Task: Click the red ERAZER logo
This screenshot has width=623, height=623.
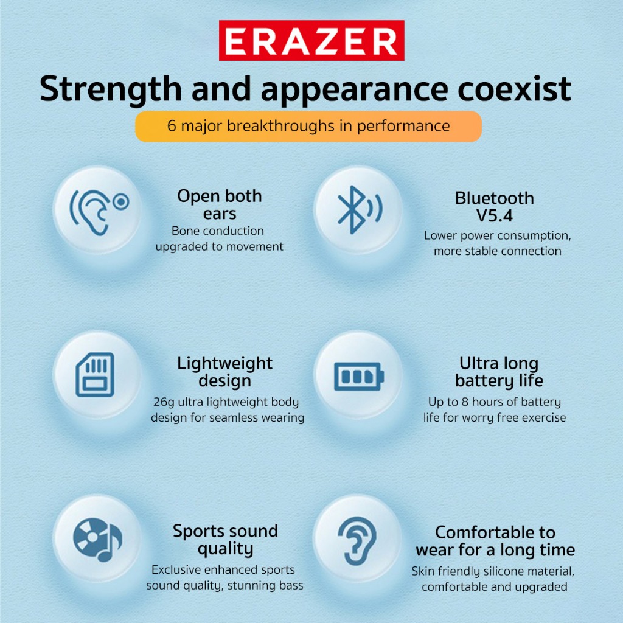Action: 311,41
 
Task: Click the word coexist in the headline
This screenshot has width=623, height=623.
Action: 515,88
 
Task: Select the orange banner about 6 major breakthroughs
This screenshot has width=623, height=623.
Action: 308,127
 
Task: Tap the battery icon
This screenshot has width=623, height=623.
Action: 359,376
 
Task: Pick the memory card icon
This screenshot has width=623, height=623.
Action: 95,375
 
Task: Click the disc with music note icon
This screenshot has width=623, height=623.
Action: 98,539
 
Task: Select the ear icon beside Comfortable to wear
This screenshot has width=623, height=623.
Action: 357,541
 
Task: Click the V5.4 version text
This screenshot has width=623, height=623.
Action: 494,216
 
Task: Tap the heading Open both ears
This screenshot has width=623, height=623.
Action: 220,204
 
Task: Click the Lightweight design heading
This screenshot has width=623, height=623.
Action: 225,372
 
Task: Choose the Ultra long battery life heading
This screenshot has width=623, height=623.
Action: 499,372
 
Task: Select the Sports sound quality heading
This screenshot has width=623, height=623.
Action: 225,540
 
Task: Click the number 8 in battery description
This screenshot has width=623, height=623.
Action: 464,402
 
